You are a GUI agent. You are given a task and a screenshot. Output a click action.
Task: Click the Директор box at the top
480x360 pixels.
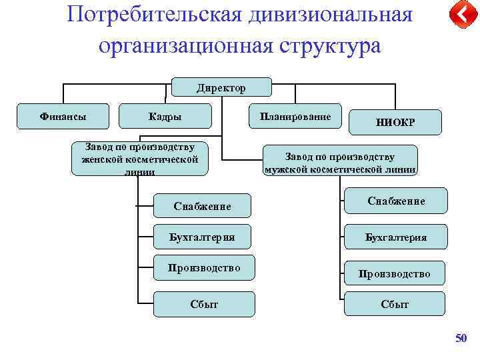tap(221, 87)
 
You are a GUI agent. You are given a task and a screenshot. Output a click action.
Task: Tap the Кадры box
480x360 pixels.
tap(165, 117)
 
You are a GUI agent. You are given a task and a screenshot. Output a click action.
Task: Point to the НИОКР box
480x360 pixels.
tap(395, 123)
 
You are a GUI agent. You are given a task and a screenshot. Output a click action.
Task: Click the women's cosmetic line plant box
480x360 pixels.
tap(139, 159)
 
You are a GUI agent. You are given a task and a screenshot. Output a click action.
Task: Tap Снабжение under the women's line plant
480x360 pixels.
tap(203, 206)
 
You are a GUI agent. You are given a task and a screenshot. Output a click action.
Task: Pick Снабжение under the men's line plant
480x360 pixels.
tap(396, 201)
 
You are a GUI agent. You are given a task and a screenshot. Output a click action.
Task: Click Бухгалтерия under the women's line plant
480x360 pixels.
tap(203, 237)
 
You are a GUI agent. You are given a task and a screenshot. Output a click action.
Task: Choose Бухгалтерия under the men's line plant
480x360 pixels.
tap(396, 237)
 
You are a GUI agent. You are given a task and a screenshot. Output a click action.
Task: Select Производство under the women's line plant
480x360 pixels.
tap(204, 268)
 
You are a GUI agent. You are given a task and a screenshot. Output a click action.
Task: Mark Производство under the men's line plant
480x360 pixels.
tap(394, 273)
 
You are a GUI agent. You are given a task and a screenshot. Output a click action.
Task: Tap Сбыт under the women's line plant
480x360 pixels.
tap(204, 304)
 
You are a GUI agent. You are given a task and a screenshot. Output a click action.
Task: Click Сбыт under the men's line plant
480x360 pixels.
tap(395, 304)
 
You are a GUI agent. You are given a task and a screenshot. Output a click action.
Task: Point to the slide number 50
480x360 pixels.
tap(461, 339)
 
